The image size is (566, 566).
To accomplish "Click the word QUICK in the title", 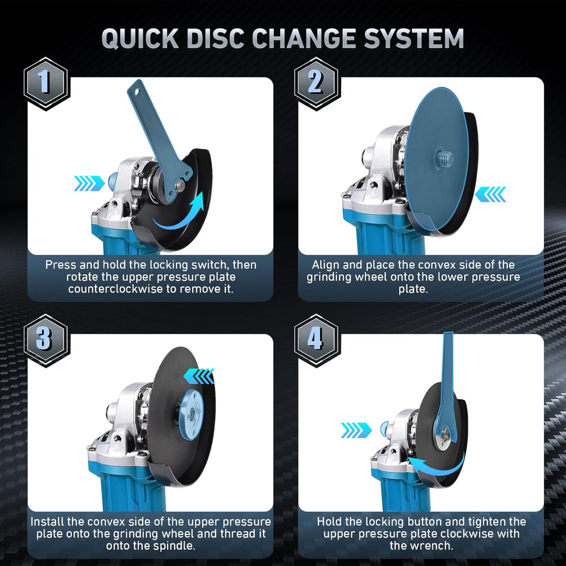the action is point(140,38).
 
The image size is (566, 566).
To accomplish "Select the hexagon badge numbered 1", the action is point(46,84).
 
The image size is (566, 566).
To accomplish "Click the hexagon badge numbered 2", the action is point(316,84).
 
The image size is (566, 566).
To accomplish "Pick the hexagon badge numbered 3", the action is point(46,341).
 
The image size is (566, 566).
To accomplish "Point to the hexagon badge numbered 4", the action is point(316,341).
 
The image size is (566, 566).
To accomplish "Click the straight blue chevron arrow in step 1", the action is point(89,183).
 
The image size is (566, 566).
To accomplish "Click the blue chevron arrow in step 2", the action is point(490,194).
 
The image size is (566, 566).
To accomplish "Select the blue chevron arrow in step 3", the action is point(199,376).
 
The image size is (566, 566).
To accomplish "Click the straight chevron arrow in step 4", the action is point(356,430).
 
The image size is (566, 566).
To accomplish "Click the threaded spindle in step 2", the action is point(444,158).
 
